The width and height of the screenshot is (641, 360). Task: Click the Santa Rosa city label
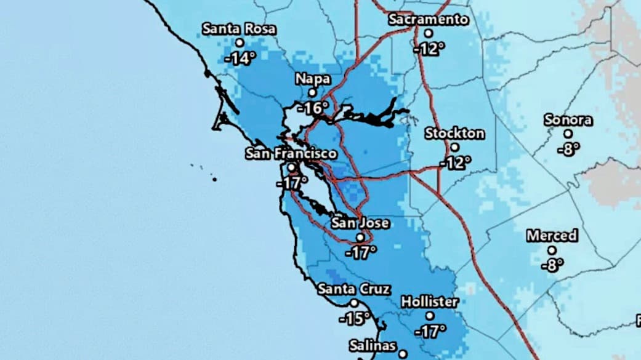(x=239, y=29)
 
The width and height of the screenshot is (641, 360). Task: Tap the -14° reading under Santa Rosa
(x=240, y=59)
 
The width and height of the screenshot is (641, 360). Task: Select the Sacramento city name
(x=429, y=20)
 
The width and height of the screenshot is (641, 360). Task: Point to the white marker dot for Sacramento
(x=429, y=33)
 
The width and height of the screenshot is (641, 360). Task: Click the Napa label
(x=312, y=79)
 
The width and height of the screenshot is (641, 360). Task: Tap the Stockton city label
(x=454, y=134)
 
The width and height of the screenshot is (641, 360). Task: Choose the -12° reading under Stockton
(x=455, y=163)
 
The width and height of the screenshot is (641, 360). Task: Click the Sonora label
(x=568, y=120)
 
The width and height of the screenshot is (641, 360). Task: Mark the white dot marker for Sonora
(x=568, y=134)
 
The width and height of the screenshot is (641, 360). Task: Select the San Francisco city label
(x=291, y=153)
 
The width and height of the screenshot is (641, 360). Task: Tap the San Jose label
(x=360, y=223)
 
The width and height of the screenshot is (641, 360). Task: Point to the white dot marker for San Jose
(x=360, y=237)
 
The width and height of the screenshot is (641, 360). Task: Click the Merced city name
(x=552, y=236)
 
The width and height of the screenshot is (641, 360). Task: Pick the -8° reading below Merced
(x=552, y=265)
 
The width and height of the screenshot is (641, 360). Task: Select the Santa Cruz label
(x=354, y=289)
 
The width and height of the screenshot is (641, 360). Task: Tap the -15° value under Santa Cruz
(x=354, y=319)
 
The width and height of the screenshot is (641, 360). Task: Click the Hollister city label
(x=430, y=302)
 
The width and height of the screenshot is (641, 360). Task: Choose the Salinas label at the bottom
(x=373, y=346)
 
